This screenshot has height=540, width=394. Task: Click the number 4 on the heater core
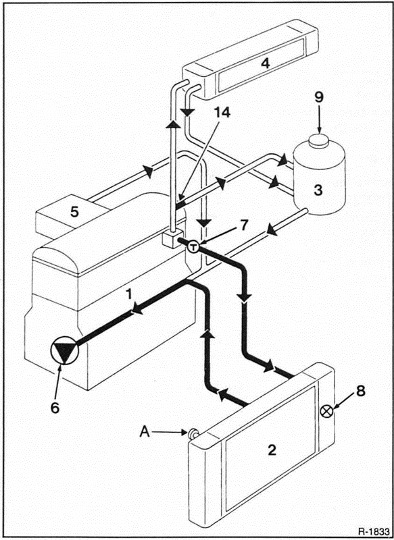(x=266, y=64)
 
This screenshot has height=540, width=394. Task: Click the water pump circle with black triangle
(x=64, y=351)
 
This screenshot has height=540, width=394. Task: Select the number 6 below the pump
(x=56, y=407)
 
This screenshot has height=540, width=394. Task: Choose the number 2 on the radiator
(x=272, y=452)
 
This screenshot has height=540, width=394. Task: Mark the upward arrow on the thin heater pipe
(x=172, y=125)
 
